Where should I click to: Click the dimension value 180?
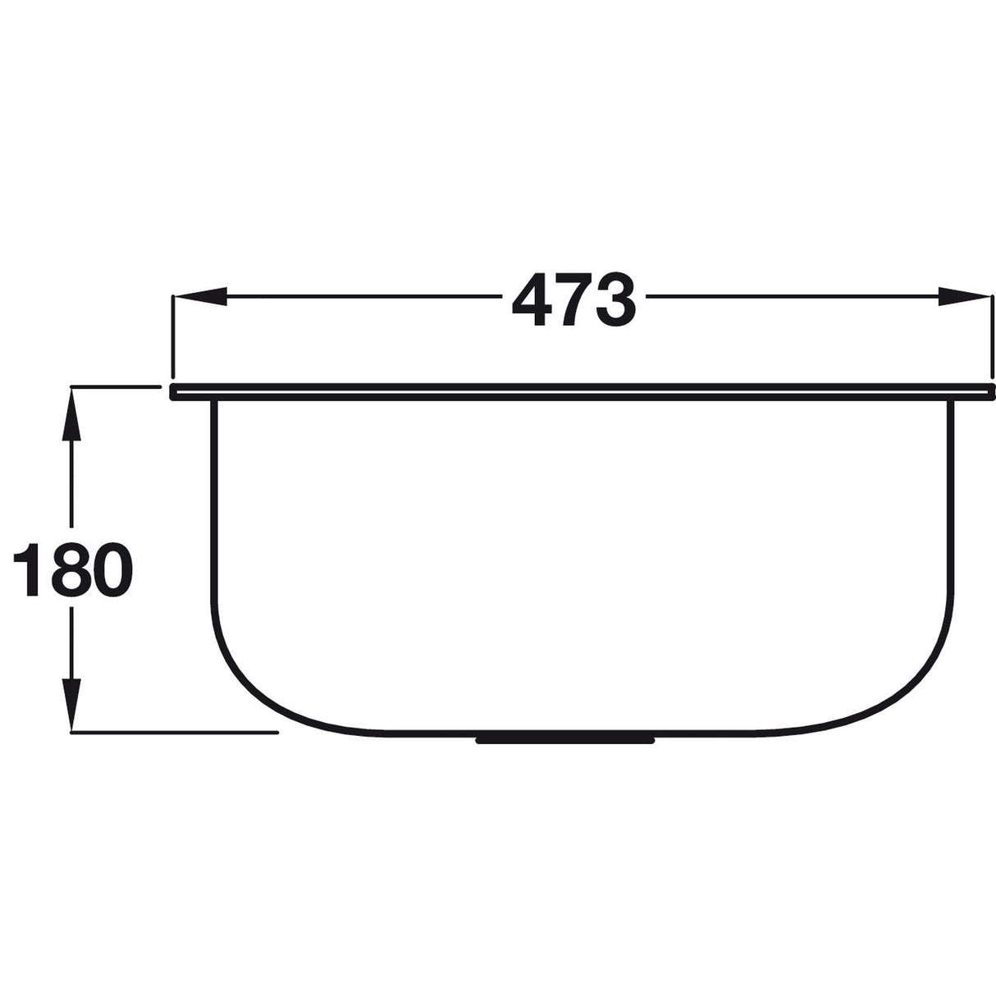(x=72, y=569)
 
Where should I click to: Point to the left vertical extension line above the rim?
(x=171, y=336)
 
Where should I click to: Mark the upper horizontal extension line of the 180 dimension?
(x=115, y=386)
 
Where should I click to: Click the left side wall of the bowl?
(x=212, y=509)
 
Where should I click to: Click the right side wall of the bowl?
(x=953, y=509)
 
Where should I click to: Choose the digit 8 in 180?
(x=72, y=569)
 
